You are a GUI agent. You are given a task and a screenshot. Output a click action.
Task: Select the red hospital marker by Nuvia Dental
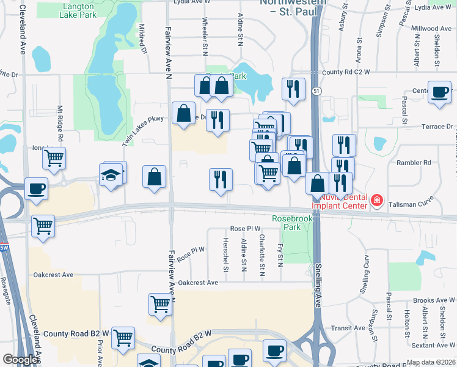pos(377,201)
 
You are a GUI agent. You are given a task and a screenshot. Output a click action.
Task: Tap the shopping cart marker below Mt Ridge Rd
pos(54,158)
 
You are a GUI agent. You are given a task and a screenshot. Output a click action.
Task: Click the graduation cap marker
pos(111,175)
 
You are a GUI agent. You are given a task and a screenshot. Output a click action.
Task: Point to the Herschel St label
pos(225,257)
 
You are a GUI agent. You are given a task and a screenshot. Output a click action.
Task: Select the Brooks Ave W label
pos(434,300)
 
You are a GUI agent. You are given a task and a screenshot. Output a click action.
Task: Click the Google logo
pos(20,360)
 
